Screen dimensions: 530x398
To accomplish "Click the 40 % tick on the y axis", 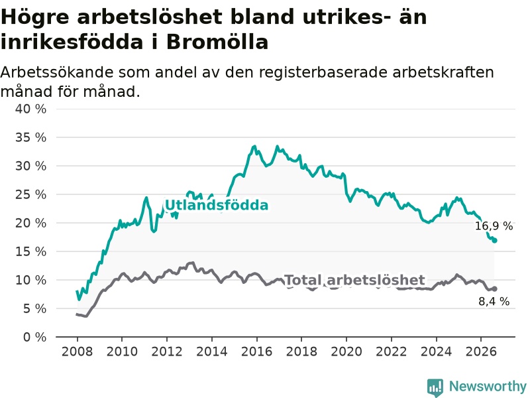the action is tap(30, 109).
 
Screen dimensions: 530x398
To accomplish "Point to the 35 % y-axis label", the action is tap(30, 137).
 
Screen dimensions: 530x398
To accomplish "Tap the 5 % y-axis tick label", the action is tap(34, 308).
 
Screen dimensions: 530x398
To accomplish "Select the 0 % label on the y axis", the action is tap(34, 337).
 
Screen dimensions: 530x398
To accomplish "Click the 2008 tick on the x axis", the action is tap(77, 352).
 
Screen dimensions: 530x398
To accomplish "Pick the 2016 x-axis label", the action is tap(256, 352).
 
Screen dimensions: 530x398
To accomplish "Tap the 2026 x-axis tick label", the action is tap(481, 352).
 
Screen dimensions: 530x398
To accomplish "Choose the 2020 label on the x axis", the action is tap(346, 352).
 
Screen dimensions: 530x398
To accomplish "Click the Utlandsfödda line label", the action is tap(217, 205).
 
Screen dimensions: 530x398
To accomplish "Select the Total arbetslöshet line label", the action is tap(354, 280).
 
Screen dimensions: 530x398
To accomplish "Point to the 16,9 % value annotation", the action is tap(494, 226).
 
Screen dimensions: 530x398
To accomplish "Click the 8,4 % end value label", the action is tap(494, 301).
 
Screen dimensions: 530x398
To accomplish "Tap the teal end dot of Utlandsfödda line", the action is tap(494, 241).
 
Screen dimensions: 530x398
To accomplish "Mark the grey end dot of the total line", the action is tap(494, 289).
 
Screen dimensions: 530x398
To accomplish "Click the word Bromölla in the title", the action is tap(217, 42).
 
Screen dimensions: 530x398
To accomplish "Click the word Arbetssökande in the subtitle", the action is tap(57, 72).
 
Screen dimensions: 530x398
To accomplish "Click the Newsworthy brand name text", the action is tap(488, 386).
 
